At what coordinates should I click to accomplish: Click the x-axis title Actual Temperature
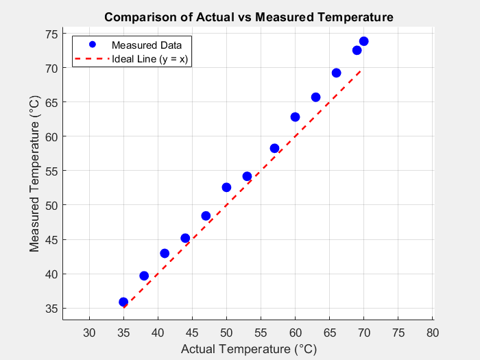(248, 349)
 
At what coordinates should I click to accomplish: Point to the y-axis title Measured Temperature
(36, 178)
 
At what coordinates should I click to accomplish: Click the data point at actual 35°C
(123, 302)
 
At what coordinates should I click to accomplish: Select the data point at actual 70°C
(363, 41)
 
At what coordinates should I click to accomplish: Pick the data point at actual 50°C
(226, 187)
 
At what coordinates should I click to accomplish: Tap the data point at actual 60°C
(295, 117)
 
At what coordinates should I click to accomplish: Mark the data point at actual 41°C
(165, 253)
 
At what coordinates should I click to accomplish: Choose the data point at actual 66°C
(336, 73)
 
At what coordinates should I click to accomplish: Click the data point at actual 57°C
(274, 148)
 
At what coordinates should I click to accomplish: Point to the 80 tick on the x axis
(432, 333)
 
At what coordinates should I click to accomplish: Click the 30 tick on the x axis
(89, 333)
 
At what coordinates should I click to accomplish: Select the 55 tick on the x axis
(261, 333)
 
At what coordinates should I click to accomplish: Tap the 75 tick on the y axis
(51, 34)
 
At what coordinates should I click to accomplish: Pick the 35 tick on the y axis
(51, 309)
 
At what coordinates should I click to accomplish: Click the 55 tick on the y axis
(51, 171)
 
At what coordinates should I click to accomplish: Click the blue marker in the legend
(91, 45)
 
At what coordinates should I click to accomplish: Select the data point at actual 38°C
(144, 276)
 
